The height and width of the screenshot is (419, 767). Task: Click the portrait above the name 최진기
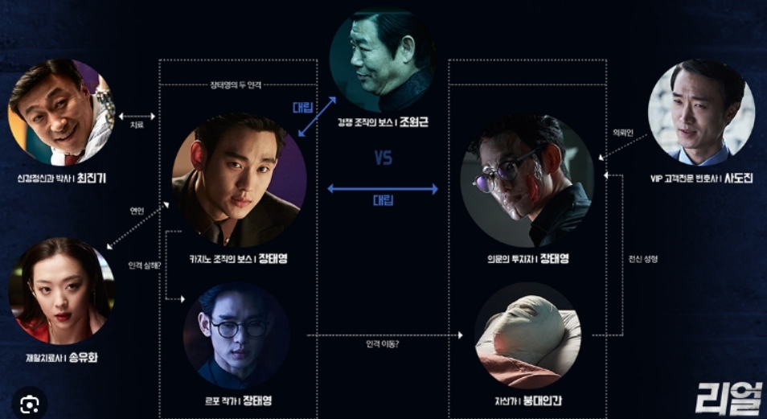coord(61,112)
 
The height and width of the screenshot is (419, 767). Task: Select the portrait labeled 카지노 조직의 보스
coord(239,180)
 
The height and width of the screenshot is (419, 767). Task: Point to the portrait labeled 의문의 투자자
coord(527,180)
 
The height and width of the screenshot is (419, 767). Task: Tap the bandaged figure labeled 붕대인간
coord(527,335)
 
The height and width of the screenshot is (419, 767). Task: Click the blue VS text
coord(383,158)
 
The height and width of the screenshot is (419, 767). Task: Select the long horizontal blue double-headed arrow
coord(383,189)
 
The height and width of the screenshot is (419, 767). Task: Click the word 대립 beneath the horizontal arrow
coord(383,200)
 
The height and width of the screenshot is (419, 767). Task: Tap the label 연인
coord(137,211)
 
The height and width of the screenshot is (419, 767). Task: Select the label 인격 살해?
coord(144,265)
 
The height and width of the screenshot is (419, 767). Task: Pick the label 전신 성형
coord(642,259)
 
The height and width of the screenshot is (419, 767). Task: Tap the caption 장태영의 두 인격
coord(238,84)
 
